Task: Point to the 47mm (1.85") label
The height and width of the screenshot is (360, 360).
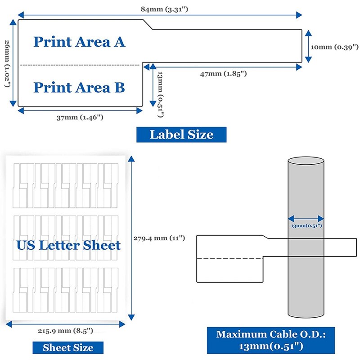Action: [x=224, y=73]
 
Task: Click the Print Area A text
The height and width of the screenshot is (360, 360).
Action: [x=79, y=42]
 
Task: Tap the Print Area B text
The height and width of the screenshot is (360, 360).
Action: [x=79, y=87]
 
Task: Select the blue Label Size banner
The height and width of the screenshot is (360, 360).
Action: [x=181, y=134]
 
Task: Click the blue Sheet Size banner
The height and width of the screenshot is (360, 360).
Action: [x=68, y=347]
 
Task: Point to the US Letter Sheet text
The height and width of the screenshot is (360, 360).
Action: [x=68, y=245]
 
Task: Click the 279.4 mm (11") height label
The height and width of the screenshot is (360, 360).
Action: [x=159, y=238]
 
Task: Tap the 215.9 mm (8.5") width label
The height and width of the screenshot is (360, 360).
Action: [x=65, y=331]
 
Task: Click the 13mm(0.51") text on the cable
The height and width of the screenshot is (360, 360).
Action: [x=306, y=225]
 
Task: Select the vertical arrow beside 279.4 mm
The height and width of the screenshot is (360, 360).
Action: [x=130, y=238]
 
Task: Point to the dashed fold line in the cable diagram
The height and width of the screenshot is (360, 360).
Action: [x=229, y=258]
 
